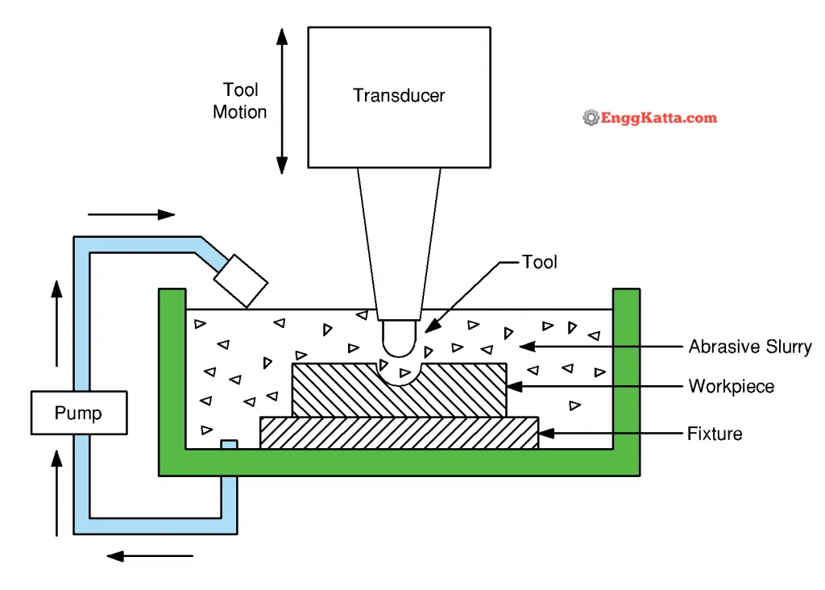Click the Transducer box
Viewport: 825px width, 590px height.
pyautogui.click(x=400, y=98)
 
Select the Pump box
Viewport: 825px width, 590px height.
pyautogui.click(x=79, y=413)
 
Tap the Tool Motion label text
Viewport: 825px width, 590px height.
pyautogui.click(x=240, y=101)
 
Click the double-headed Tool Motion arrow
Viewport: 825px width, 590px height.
pyautogui.click(x=282, y=101)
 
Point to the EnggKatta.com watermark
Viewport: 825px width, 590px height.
pyautogui.click(x=650, y=118)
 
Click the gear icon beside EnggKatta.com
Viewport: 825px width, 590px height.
pyautogui.click(x=591, y=118)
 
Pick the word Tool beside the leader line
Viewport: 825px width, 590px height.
pyautogui.click(x=539, y=262)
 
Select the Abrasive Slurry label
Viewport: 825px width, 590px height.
pyautogui.click(x=750, y=347)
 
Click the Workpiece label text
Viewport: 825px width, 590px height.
pyautogui.click(x=732, y=386)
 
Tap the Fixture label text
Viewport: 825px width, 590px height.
pyautogui.click(x=715, y=433)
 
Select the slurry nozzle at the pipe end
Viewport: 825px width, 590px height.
pyautogui.click(x=241, y=281)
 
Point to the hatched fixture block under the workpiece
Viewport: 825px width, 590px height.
pyautogui.click(x=400, y=433)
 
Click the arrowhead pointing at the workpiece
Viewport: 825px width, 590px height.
pyautogui.click(x=514, y=386)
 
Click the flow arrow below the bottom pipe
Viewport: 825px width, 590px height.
pyautogui.click(x=150, y=556)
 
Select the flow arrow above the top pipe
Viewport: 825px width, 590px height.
pyautogui.click(x=131, y=214)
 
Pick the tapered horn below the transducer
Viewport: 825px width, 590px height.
pyautogui.click(x=400, y=244)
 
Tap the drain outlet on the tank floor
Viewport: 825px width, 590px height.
pyautogui.click(x=229, y=445)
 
